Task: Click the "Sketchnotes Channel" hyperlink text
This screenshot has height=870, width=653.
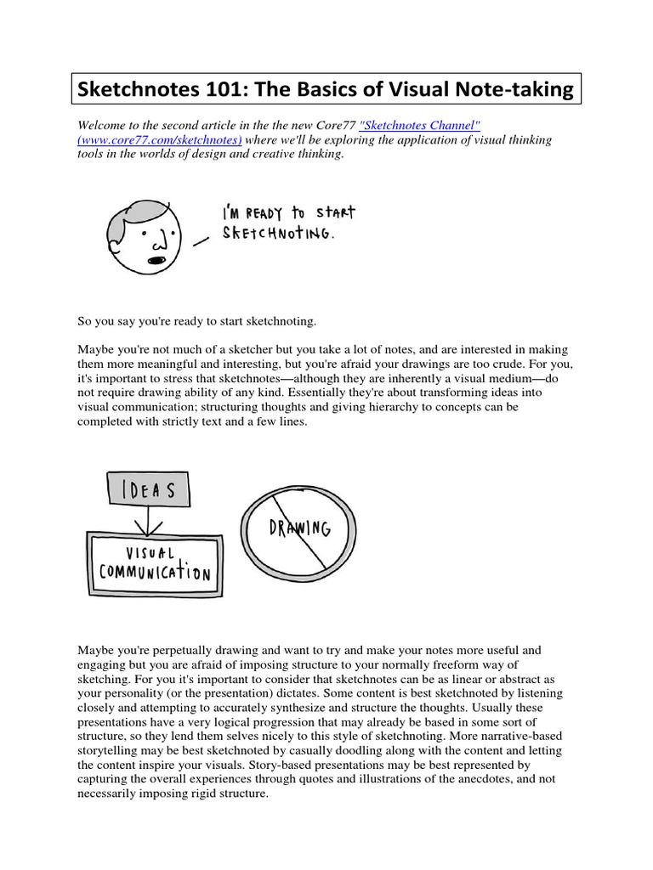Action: coord(421,126)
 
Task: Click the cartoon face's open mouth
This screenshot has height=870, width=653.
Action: coord(156,259)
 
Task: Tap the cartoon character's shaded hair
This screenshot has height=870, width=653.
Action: coord(136,212)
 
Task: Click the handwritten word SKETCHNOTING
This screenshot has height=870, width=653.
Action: coord(277,233)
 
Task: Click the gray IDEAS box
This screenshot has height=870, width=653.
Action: coord(148,490)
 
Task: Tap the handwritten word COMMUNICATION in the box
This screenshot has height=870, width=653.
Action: coord(154,571)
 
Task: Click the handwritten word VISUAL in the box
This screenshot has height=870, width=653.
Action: coord(150,552)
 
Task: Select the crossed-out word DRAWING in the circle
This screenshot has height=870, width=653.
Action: coord(298,528)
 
